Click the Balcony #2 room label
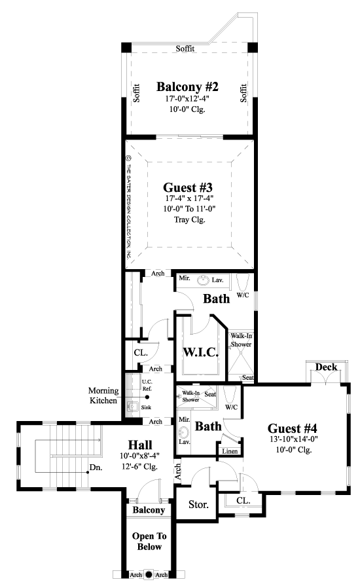(x=187, y=86)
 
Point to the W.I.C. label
(x=200, y=352)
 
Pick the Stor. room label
(x=198, y=505)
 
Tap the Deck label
(x=325, y=367)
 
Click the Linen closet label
(x=230, y=451)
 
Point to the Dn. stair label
(x=96, y=468)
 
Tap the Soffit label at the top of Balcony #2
(x=187, y=49)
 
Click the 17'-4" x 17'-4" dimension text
(x=189, y=198)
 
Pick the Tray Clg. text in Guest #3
(x=189, y=220)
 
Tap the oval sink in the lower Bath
(x=183, y=433)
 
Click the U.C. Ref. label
(x=147, y=385)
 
